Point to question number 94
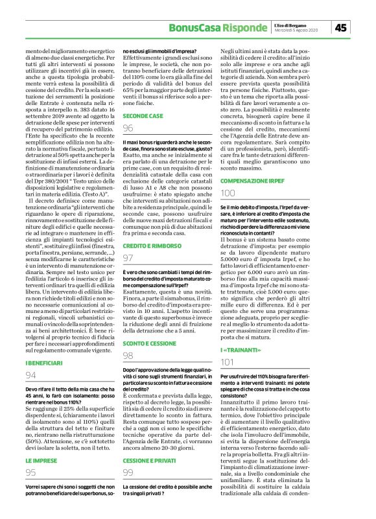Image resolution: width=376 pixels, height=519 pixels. [x=31, y=375]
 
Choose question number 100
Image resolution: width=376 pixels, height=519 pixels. [x=228, y=194]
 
